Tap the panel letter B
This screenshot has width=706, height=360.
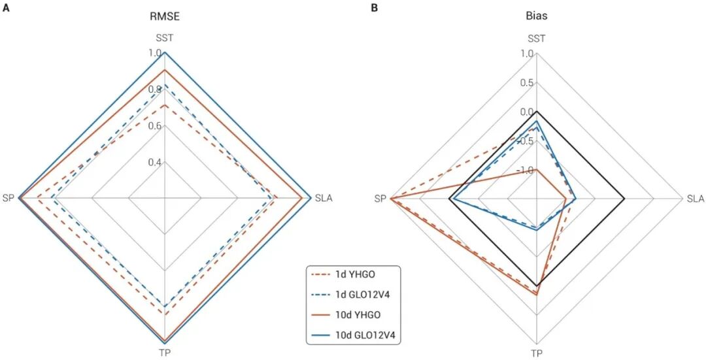(375, 7)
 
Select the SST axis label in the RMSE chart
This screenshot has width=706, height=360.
(165, 38)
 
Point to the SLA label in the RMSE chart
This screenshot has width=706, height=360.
(324, 198)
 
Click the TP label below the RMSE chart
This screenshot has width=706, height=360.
(165, 353)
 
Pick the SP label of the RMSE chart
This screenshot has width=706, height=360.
(8, 198)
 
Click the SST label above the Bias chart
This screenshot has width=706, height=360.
(536, 38)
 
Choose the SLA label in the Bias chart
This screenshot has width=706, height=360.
(696, 198)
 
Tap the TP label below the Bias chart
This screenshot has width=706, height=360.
(536, 353)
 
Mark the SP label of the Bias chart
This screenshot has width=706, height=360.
(380, 198)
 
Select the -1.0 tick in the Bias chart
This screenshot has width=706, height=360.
(525, 170)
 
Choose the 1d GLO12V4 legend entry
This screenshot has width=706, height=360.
(352, 295)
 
